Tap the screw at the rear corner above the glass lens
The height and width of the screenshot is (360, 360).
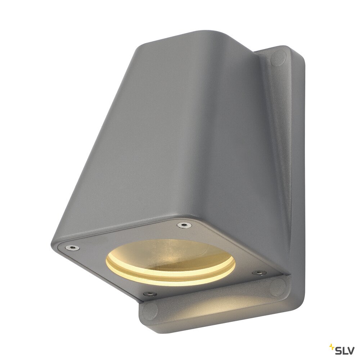coord(184,225)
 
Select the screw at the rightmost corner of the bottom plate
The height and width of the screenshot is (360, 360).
coord(258,273)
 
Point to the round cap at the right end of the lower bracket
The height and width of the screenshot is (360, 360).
coord(278,287)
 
